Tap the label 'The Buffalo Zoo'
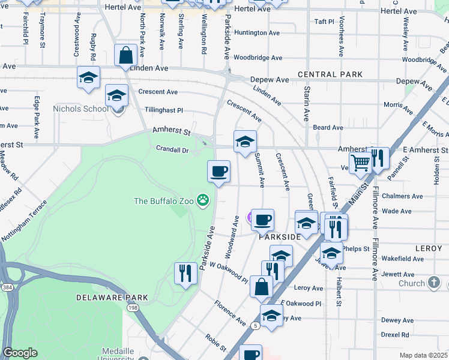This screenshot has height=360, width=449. (x=163, y=201)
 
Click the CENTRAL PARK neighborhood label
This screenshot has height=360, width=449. (x=330, y=74)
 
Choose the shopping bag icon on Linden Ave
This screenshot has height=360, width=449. (x=127, y=55)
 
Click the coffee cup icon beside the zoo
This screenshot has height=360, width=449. (x=219, y=171)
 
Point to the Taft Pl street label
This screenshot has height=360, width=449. (x=324, y=22)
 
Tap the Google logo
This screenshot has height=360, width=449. (x=20, y=353)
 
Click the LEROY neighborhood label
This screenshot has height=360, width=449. (x=428, y=248)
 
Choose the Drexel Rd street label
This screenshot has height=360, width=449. (x=395, y=334)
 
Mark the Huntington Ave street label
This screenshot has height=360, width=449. (x=257, y=32)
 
